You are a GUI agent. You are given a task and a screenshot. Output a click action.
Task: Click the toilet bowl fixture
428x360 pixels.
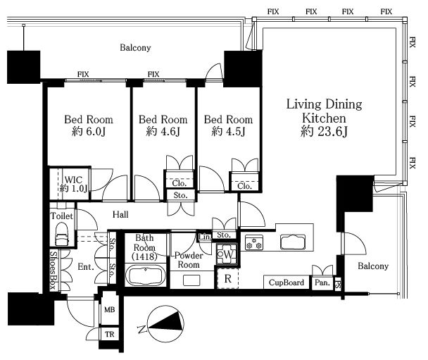[x=62, y=234]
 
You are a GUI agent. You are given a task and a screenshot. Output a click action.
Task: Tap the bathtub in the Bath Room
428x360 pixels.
[x=146, y=275]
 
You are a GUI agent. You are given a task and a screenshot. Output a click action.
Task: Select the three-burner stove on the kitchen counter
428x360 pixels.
[x=254, y=243]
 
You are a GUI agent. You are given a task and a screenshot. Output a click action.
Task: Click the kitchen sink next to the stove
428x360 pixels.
[x=293, y=242]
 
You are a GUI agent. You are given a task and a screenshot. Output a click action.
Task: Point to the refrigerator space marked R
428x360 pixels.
[x=228, y=278]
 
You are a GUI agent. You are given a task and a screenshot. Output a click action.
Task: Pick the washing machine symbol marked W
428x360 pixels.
[x=226, y=254]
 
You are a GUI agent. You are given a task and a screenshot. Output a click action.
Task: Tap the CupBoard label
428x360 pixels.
[x=286, y=283]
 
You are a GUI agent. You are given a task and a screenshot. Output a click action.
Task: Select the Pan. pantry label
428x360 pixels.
[x=322, y=283]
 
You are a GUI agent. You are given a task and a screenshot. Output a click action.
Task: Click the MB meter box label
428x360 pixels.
[x=109, y=310]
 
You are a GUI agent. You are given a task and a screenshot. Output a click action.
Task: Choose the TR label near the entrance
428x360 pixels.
[x=109, y=335]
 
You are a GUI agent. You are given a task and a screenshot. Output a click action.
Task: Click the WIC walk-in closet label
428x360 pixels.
[x=73, y=180]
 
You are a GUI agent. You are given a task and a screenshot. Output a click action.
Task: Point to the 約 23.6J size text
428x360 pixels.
[x=324, y=131]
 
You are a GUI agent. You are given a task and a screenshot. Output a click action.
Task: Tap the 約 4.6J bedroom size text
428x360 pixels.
[x=163, y=132]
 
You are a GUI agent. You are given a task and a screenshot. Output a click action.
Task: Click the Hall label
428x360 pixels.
[x=120, y=214]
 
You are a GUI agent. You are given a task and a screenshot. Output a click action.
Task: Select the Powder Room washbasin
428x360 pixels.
[x=191, y=280]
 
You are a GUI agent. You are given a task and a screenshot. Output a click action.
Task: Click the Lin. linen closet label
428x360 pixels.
[x=205, y=237]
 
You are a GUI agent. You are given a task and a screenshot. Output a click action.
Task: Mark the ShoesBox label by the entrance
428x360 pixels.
[x=53, y=270]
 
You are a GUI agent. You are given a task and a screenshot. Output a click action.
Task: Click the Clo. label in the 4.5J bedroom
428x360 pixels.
[x=244, y=186]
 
